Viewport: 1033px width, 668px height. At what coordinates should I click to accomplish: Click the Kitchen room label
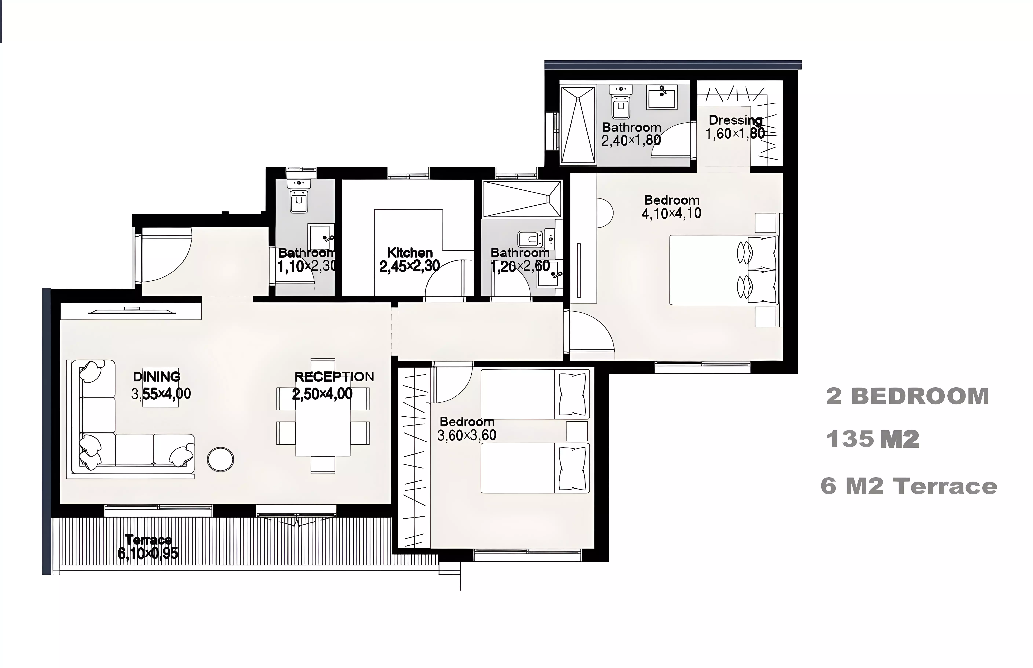point(410,253)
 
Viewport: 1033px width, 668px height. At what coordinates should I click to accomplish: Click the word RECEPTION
point(334,377)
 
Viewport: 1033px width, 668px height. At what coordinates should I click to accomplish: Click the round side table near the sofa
point(221,459)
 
